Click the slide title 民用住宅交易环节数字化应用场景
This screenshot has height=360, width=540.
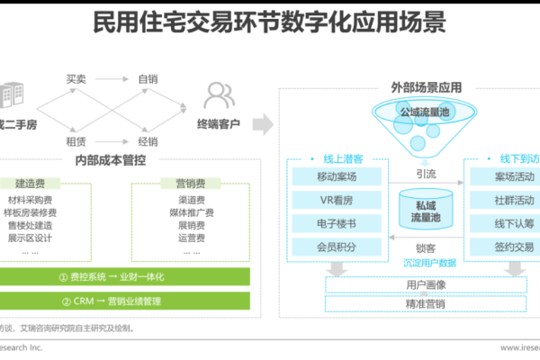[270, 22]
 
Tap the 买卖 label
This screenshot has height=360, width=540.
[76, 79]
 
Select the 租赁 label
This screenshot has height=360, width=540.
[76, 141]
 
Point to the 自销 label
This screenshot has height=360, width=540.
[148, 79]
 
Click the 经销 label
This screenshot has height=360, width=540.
[148, 141]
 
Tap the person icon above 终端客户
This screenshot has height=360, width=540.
[219, 94]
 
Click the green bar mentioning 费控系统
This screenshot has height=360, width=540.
[126, 277]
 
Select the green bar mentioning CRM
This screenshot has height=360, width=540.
[126, 300]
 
